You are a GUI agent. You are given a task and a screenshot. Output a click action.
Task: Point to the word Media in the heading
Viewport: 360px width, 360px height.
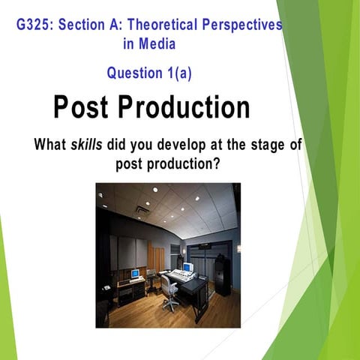157,43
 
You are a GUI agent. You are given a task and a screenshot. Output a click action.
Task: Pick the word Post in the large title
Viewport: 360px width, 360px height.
83,108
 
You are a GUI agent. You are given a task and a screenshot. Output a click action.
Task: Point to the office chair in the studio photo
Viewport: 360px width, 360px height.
170,294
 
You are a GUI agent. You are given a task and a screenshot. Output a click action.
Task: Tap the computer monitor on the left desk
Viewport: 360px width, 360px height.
134,274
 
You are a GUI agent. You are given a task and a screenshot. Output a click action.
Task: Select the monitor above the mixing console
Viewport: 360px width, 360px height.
187,267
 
